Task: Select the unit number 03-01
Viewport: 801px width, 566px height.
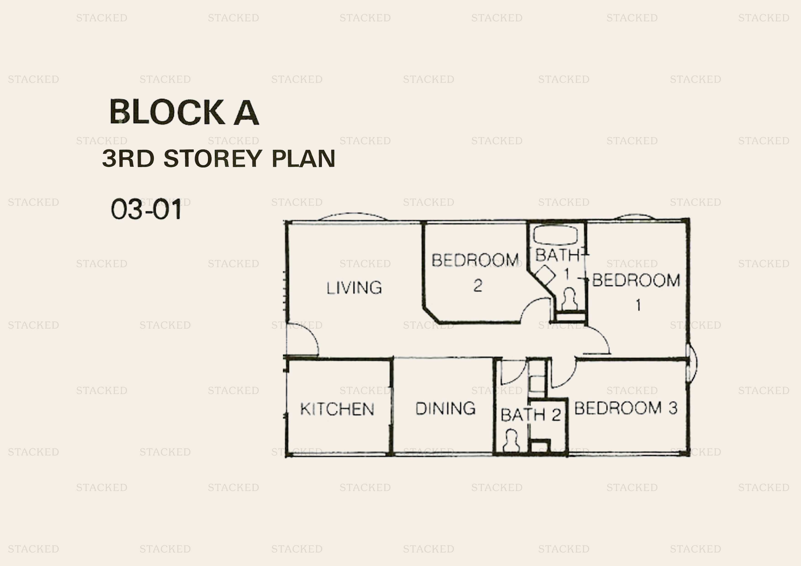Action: click(147, 209)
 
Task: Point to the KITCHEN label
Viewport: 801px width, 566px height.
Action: click(337, 409)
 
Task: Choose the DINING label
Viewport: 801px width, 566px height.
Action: click(445, 408)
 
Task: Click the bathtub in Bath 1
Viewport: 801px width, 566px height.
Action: click(555, 235)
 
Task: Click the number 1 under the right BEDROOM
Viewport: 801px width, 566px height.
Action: click(638, 305)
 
